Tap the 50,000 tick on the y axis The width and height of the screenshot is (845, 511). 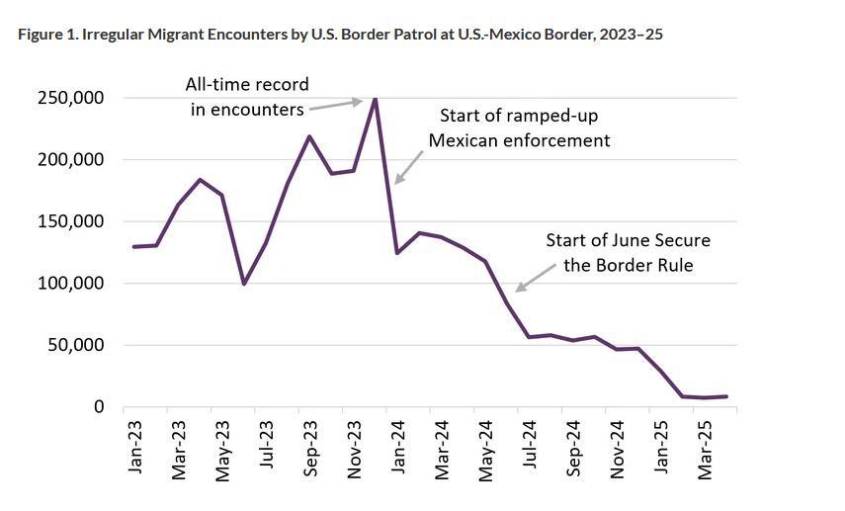pos(74,346)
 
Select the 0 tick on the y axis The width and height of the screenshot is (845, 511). pos(99,407)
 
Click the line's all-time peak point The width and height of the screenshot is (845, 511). pos(376,98)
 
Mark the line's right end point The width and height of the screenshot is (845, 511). pos(727,396)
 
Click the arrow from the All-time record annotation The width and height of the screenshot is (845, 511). pos(336,105)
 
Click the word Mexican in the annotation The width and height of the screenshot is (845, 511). pos(461,140)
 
